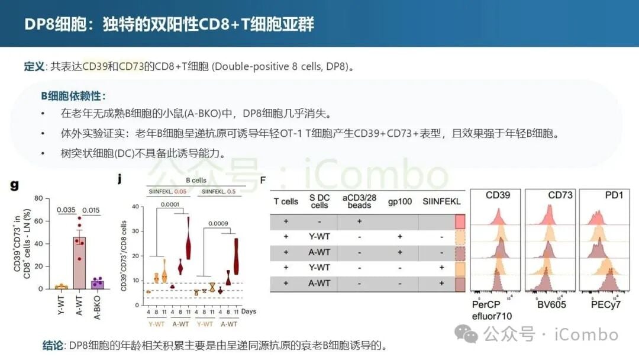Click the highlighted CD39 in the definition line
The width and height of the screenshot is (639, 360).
point(95,66)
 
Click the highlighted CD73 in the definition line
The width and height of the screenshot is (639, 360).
point(132,66)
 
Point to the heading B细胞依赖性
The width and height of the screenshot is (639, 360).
point(73,96)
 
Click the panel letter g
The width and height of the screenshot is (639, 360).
point(14,185)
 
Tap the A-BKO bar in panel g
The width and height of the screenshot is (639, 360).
point(98,284)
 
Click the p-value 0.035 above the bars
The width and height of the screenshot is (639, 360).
point(66,209)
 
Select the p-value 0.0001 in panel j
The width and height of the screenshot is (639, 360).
point(170,204)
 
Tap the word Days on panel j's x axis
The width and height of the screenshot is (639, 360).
point(248,311)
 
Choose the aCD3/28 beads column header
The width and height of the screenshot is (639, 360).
point(359,201)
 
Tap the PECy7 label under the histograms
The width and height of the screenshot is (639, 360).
point(605,304)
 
